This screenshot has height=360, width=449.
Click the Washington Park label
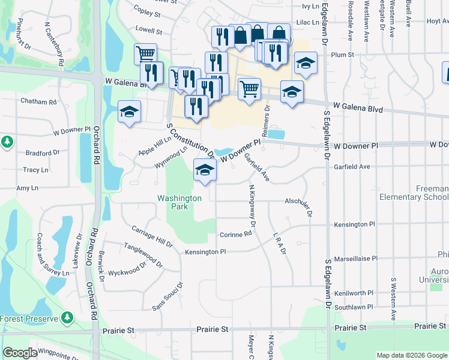(x=179, y=202)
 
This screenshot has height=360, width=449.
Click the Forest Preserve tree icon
(x=68, y=316)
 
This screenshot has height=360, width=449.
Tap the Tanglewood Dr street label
(x=143, y=254)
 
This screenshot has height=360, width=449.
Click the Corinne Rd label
(x=235, y=235)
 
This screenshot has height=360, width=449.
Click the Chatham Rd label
(x=38, y=101)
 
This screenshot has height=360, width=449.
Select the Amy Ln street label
(x=27, y=188)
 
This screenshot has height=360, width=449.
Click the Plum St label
(x=342, y=55)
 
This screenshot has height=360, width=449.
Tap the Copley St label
(x=148, y=13)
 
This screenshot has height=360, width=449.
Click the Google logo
(x=20, y=353)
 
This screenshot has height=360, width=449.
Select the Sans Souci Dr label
(x=167, y=296)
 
